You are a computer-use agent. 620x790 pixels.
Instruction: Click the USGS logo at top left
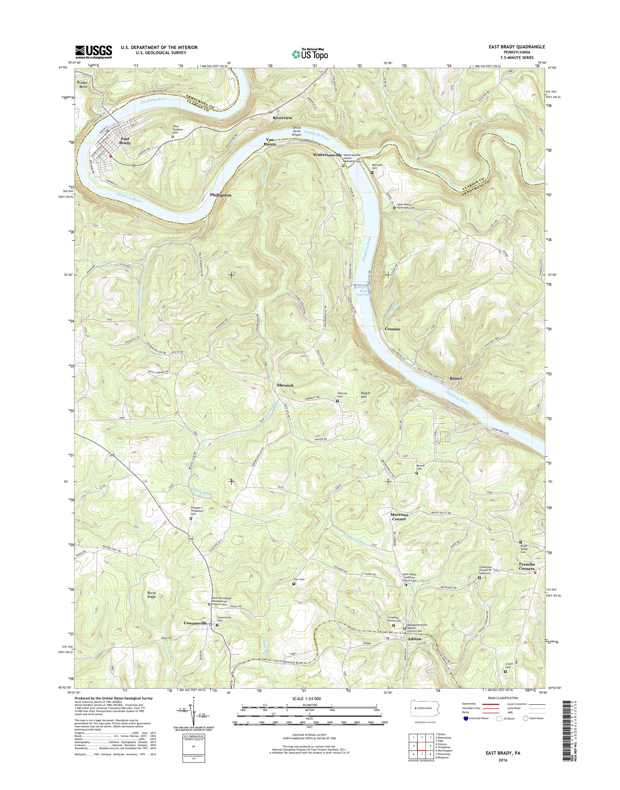(x=93, y=52)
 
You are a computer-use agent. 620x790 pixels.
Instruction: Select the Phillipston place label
(x=220, y=195)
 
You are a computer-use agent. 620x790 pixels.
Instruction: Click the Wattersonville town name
(x=327, y=155)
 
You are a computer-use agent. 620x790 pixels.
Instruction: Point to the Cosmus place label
(x=392, y=329)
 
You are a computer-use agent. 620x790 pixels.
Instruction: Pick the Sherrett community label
(x=284, y=385)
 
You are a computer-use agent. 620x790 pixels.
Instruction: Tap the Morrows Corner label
(x=399, y=517)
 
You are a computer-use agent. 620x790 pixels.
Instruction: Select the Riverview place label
(x=282, y=118)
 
